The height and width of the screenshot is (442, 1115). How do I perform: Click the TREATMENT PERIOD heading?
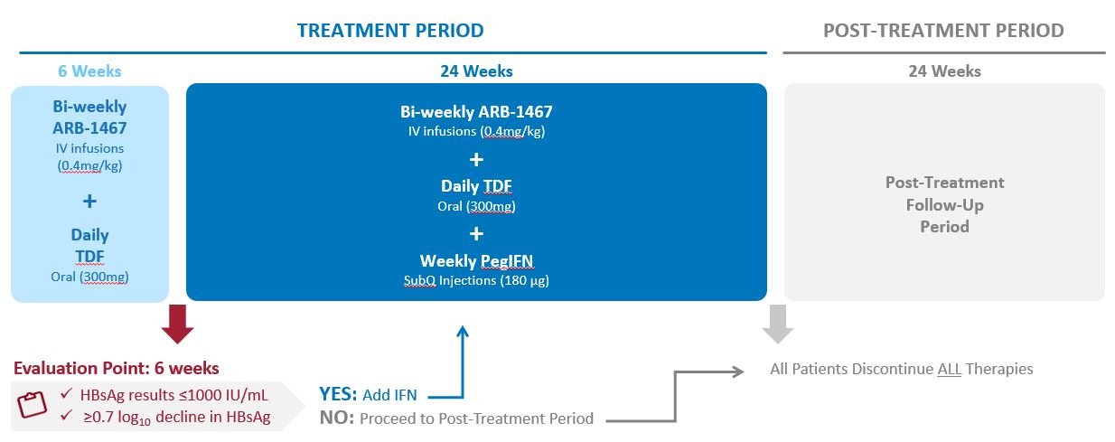(390, 31)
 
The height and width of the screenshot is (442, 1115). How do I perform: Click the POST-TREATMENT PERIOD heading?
(943, 31)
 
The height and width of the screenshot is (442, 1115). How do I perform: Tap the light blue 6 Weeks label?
(89, 71)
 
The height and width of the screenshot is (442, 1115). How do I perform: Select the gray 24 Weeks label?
(944, 71)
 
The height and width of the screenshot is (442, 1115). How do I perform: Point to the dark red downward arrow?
(177, 324)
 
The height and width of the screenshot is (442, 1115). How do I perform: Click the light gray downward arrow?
(778, 324)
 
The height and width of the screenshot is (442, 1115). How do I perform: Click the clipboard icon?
(33, 404)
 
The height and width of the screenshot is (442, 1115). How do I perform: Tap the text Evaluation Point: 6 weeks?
(116, 369)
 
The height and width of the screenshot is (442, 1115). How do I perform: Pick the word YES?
(338, 394)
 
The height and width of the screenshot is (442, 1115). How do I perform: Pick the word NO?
(337, 418)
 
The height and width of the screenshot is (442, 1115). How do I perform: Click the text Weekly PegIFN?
(476, 261)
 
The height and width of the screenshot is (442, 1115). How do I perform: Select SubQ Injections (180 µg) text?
(476, 281)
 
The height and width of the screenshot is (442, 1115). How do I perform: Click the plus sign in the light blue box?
(89, 201)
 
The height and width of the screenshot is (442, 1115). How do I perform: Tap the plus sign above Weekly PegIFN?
(476, 233)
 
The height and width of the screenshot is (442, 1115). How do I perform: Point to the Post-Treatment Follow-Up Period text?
(944, 204)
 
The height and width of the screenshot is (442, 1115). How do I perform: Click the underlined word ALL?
(950, 369)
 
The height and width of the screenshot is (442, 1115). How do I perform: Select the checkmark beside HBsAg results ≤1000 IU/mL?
(66, 394)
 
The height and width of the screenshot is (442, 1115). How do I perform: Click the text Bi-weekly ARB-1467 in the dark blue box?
(476, 111)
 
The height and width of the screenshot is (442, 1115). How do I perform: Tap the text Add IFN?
(389, 395)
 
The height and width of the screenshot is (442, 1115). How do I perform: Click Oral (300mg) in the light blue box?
(89, 277)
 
